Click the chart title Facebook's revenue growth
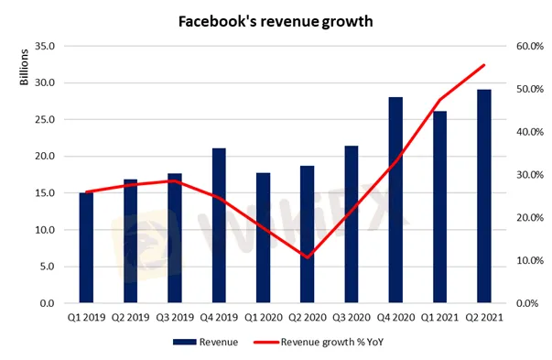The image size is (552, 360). [276, 21]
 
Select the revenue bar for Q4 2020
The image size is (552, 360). [395, 200]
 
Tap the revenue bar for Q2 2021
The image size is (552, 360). [484, 196]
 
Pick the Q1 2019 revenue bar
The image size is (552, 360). [86, 247]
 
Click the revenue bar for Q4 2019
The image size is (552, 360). [219, 225]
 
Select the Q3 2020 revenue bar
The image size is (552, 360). [352, 224]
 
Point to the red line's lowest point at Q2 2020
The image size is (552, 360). [308, 257]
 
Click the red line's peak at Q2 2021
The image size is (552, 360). [484, 65]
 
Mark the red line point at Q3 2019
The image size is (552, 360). [175, 180]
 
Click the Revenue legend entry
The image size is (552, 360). [206, 342]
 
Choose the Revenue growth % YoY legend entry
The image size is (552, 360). [319, 342]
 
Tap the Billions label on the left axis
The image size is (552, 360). [24, 67]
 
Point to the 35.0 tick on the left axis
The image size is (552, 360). [45, 46]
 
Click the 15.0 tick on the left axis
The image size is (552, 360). [45, 193]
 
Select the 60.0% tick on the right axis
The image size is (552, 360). [530, 46]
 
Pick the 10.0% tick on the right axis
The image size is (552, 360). [530, 261]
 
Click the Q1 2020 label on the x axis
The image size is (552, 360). [264, 317]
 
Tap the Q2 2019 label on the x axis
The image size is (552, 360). [131, 317]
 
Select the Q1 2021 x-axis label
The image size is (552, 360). [440, 317]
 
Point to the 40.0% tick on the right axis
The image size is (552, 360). [530, 132]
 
